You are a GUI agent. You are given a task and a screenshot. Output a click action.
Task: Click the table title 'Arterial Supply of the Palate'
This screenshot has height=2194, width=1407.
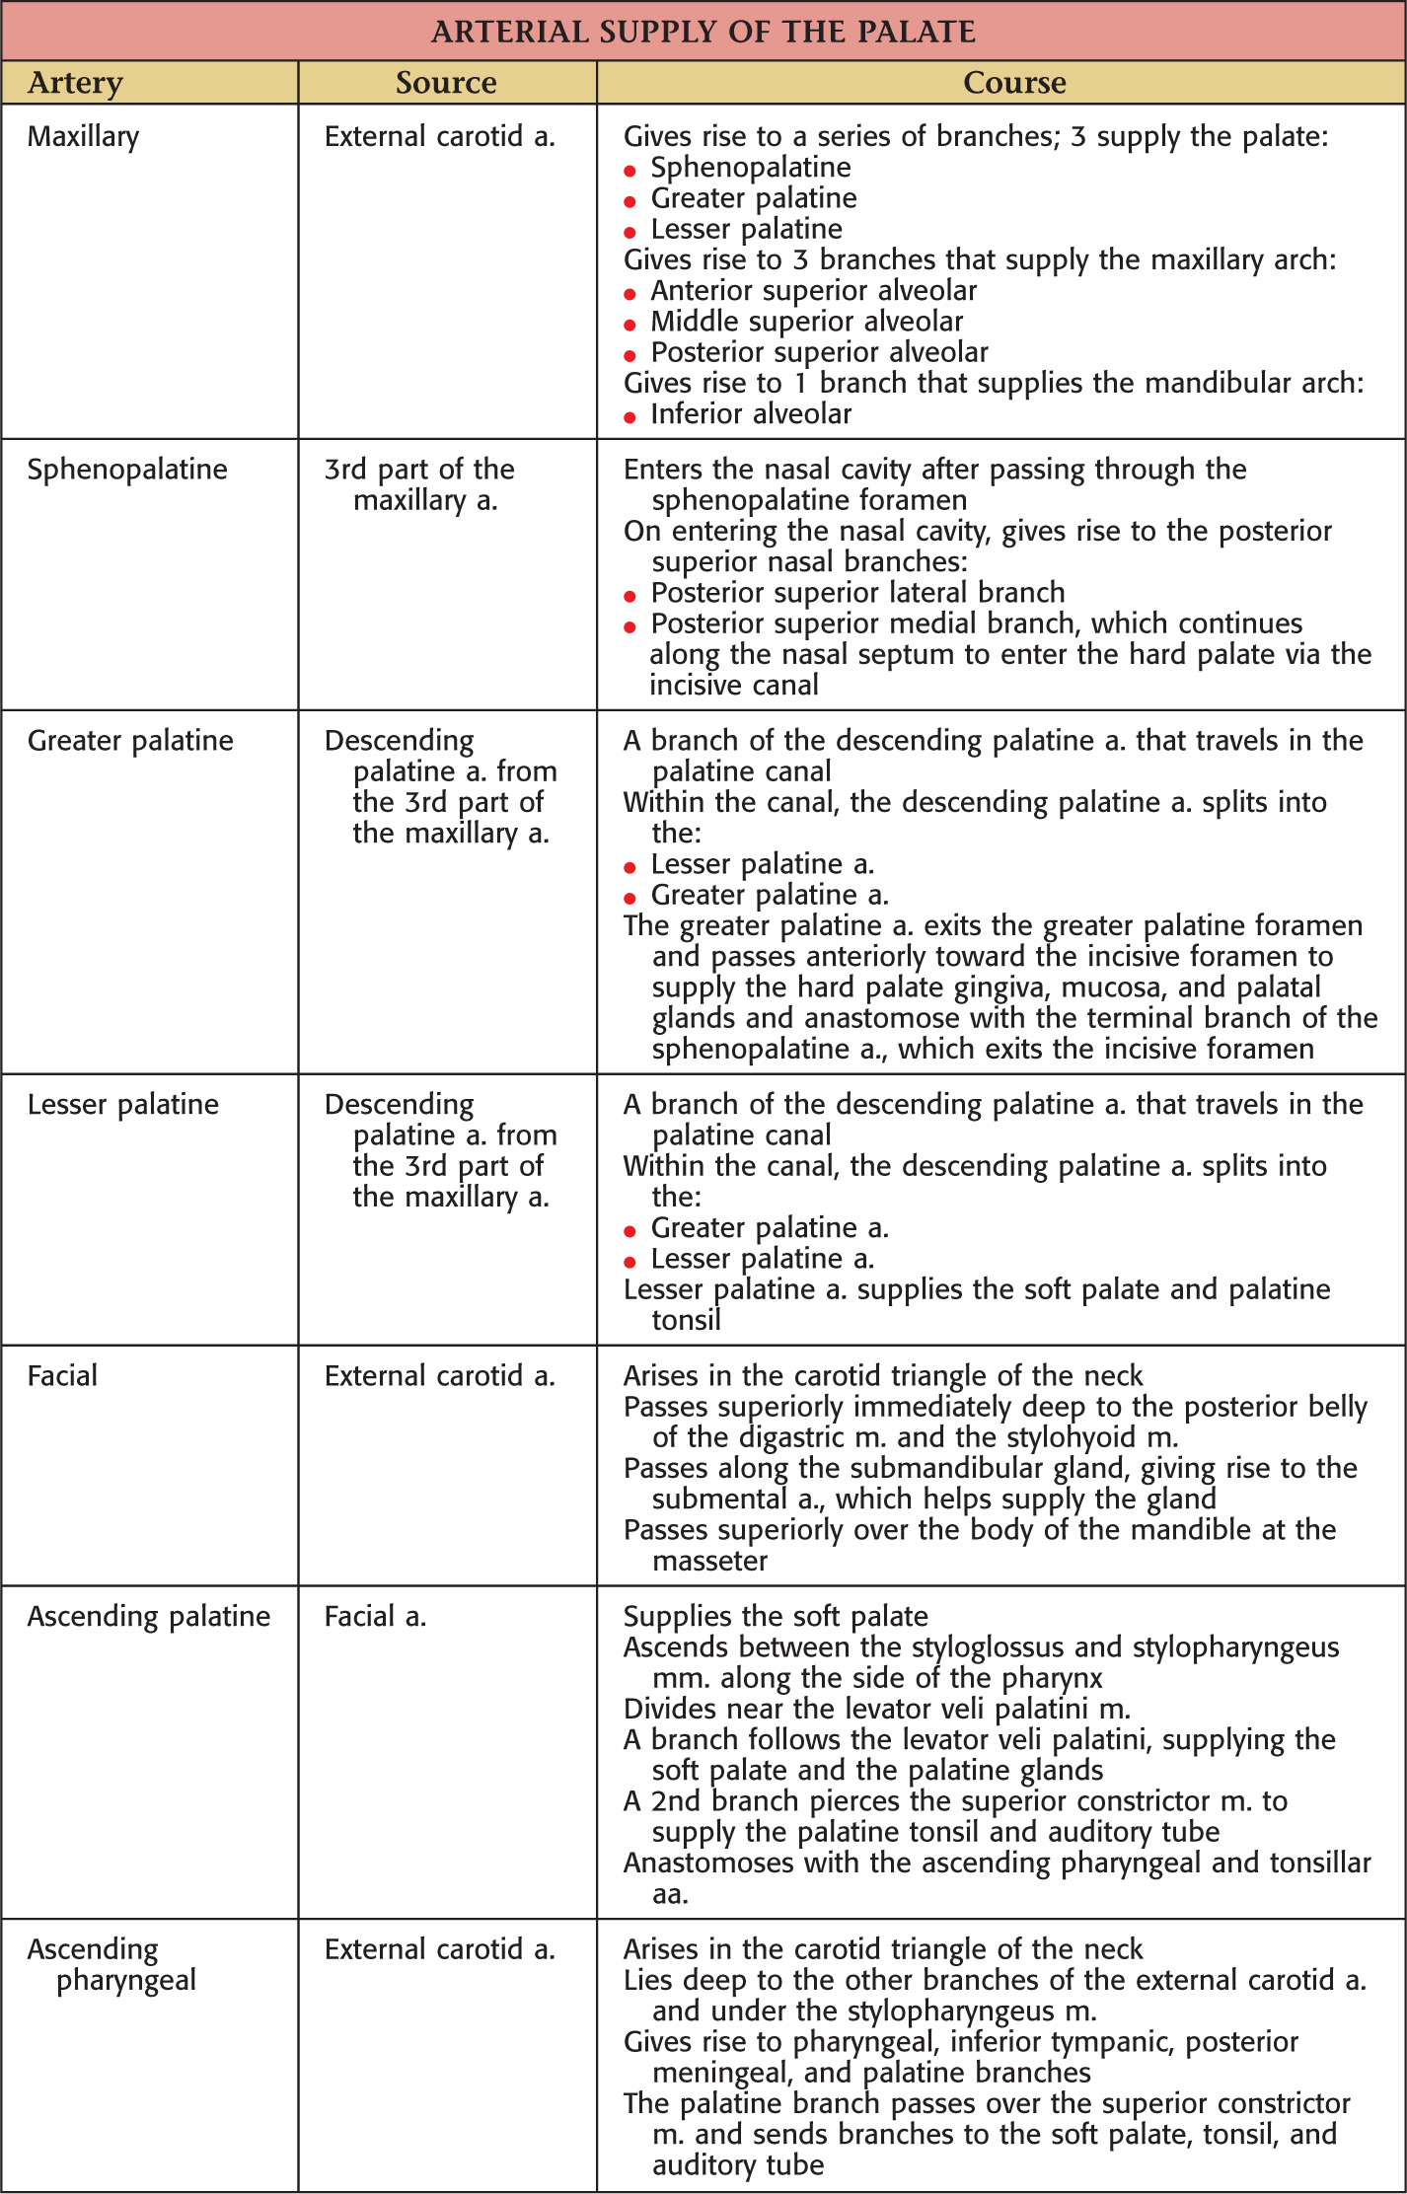coord(703,32)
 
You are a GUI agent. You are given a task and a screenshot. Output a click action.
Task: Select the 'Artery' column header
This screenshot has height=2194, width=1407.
coord(76,83)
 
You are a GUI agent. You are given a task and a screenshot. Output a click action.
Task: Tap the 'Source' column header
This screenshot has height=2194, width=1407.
coord(446,83)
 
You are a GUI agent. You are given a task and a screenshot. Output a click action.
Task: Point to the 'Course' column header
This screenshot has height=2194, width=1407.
coord(1014,83)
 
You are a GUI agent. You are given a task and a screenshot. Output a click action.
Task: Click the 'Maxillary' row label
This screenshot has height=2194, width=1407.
coord(84,136)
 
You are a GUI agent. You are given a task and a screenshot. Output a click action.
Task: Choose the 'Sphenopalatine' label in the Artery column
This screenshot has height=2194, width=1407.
coord(127,470)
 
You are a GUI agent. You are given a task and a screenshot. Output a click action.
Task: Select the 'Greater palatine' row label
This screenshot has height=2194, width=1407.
coord(130,741)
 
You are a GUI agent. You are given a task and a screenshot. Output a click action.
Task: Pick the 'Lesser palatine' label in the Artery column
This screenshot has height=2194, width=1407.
coord(123,1105)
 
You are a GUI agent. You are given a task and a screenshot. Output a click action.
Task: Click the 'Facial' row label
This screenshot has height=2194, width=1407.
coord(62,1376)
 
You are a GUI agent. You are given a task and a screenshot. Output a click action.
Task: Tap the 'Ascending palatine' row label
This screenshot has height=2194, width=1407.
coord(149,1617)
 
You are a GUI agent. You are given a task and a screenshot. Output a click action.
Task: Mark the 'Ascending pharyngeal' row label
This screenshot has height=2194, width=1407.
coord(111,1965)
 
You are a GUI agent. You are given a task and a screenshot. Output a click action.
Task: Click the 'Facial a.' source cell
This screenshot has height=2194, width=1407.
coord(375,1617)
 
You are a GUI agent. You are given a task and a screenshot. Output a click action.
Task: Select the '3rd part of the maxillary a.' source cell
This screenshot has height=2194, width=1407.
coord(419,485)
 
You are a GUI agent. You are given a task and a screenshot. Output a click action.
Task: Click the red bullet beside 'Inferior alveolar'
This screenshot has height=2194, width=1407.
coord(629,418)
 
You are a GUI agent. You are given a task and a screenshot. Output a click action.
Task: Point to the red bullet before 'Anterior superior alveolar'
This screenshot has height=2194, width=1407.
coord(629,295)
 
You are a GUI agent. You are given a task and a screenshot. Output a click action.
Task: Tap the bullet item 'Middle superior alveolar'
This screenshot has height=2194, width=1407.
coord(806,322)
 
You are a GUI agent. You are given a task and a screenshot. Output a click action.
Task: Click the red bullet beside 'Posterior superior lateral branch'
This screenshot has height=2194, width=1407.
coord(629,597)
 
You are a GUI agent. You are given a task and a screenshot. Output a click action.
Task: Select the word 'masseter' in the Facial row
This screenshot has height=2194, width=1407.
coord(709,1562)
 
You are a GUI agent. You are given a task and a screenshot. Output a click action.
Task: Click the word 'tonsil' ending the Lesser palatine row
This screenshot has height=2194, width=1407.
coord(686,1321)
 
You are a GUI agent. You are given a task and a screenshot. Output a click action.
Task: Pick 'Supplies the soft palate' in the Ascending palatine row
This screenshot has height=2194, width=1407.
coord(776,1617)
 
